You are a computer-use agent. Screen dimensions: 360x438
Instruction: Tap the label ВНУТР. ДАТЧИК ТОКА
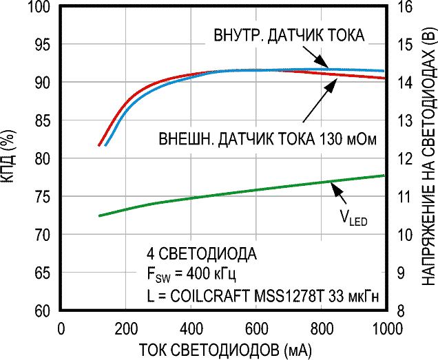point(289,35)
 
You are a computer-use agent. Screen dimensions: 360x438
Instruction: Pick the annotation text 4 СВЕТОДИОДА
point(198,253)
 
